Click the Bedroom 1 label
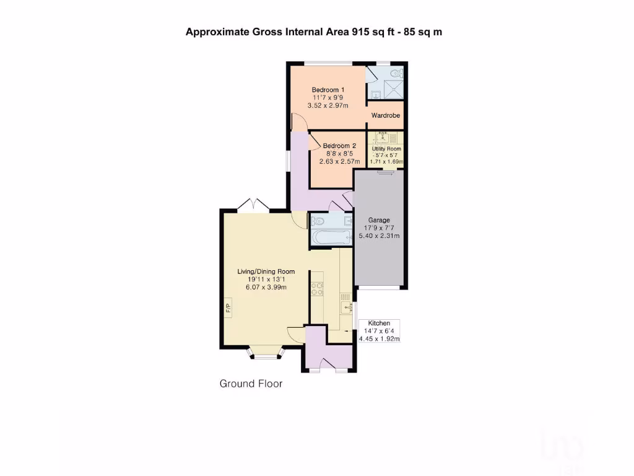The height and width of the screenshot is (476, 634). (x=328, y=89)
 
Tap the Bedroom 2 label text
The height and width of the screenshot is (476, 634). (x=339, y=146)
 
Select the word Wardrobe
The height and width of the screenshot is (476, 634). (x=386, y=116)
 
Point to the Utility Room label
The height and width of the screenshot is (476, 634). (x=386, y=149)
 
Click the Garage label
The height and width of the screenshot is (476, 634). (x=379, y=219)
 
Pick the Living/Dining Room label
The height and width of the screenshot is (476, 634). (x=266, y=271)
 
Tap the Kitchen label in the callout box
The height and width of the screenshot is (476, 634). (x=379, y=324)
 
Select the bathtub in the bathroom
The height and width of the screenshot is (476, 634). (x=331, y=237)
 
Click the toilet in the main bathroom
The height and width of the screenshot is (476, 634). (x=318, y=220)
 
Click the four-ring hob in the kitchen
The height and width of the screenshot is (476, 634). (x=318, y=289)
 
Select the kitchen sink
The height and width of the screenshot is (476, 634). (x=345, y=304)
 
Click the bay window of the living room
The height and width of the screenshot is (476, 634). (x=266, y=355)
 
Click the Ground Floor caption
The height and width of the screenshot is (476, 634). (x=251, y=384)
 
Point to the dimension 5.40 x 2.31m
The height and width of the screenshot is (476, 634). (x=381, y=236)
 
